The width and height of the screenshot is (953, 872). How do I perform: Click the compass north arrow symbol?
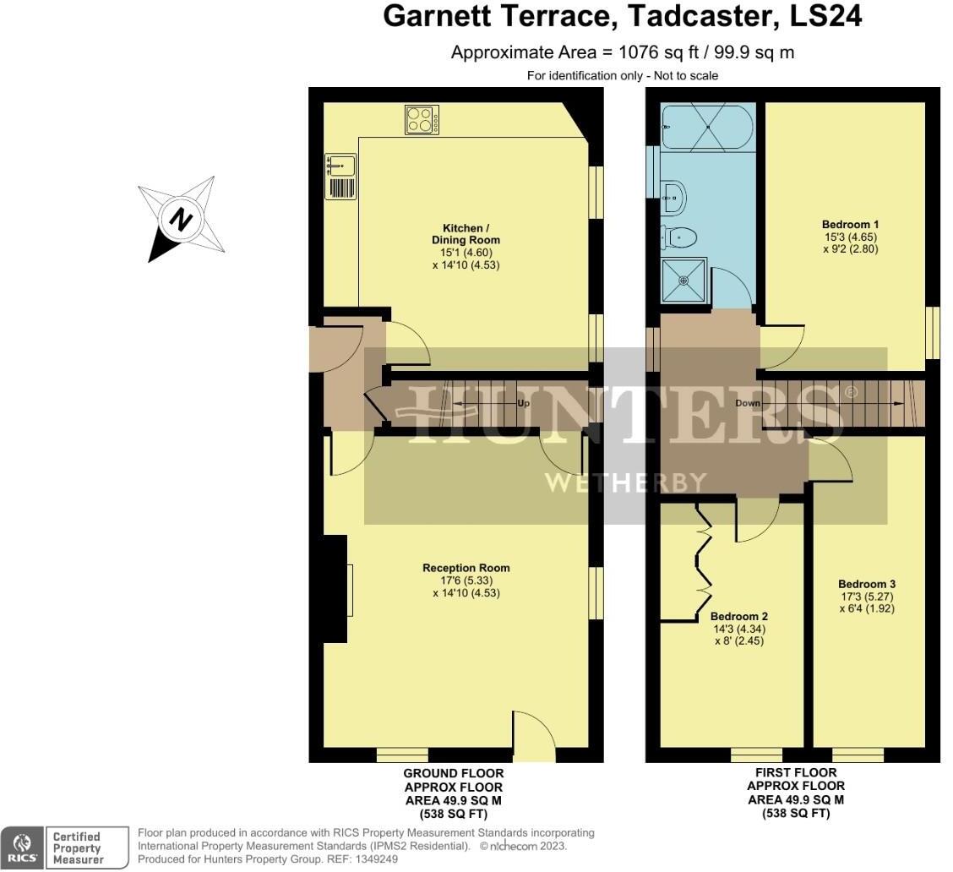pyautogui.click(x=180, y=220)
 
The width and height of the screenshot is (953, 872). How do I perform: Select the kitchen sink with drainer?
pyautogui.click(x=340, y=176)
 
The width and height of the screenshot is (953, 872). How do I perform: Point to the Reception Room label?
pyautogui.click(x=466, y=568)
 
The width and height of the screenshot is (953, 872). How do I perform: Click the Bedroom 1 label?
pyautogui.click(x=850, y=225)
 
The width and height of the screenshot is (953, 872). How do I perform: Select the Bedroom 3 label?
pyautogui.click(x=866, y=584)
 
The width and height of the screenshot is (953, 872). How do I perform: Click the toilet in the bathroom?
pyautogui.click(x=679, y=238)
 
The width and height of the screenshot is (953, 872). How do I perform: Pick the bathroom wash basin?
pyautogui.click(x=673, y=196)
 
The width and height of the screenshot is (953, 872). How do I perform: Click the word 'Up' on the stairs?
pyautogui.click(x=524, y=404)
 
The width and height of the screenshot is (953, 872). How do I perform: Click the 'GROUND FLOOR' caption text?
pyautogui.click(x=453, y=773)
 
